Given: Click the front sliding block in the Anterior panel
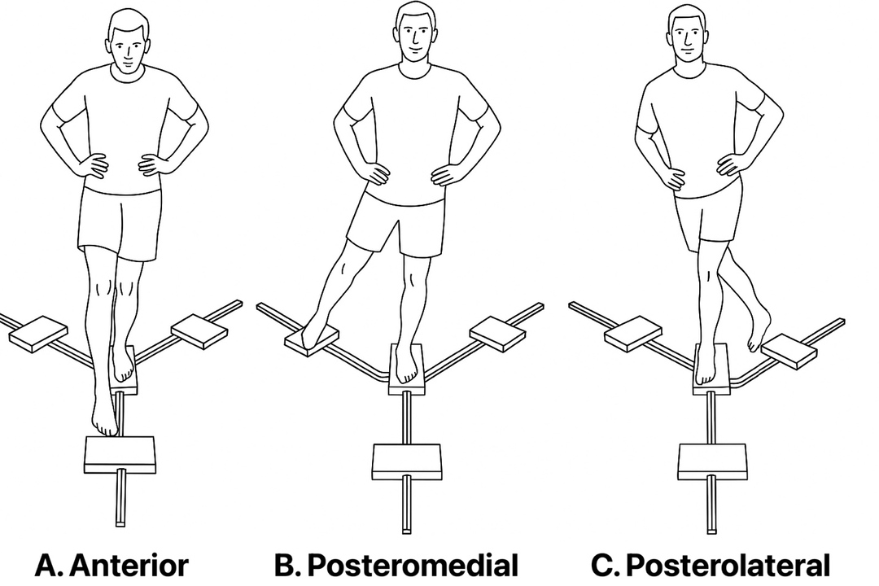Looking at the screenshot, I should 120,453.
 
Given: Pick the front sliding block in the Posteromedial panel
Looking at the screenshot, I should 406,461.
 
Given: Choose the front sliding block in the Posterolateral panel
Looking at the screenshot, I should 712,461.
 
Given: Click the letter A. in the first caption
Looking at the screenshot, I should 50,566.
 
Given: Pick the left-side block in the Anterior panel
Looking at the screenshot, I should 38,333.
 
